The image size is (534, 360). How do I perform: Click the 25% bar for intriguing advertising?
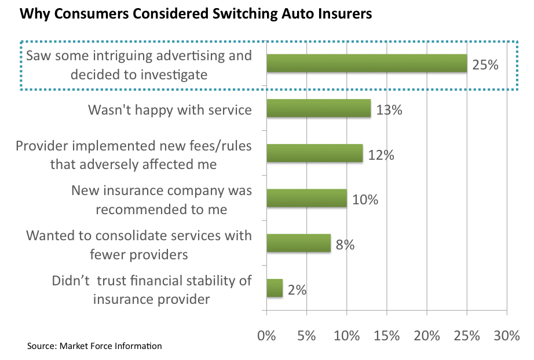point(367,63)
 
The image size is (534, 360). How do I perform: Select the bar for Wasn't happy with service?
point(319,108)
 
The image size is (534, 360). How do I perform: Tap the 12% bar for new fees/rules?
point(314,153)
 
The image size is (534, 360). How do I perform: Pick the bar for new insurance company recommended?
point(306,199)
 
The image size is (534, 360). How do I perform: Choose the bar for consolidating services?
point(298,243)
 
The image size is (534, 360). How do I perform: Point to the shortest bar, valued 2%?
point(275,288)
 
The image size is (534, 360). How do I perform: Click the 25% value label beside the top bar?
point(485,65)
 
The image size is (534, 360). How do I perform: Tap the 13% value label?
point(389,109)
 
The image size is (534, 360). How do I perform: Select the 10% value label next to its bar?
point(365,200)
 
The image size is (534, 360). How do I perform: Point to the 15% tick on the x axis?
point(387,335)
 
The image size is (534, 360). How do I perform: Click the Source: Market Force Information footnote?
point(94,346)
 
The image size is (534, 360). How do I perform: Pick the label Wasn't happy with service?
point(170,109)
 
